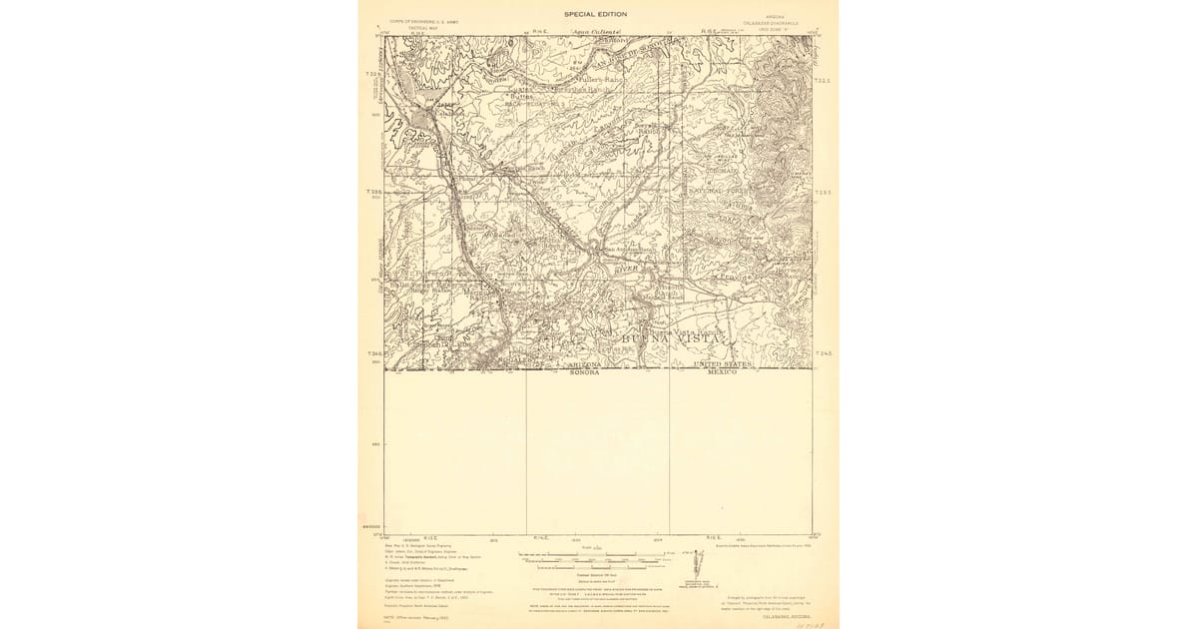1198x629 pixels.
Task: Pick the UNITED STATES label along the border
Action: (722, 365)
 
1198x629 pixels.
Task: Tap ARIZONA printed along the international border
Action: (584, 365)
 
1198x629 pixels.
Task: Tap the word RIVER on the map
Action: (626, 269)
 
